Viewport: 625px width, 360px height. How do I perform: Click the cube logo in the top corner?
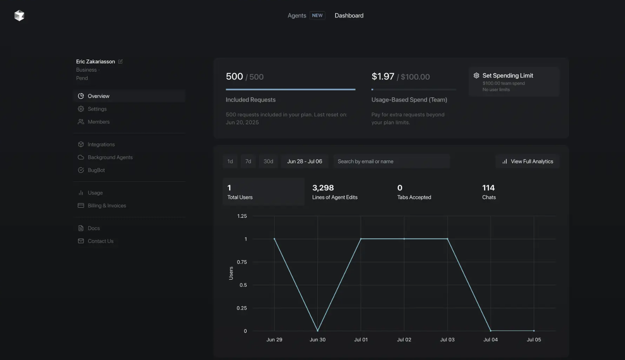click(19, 16)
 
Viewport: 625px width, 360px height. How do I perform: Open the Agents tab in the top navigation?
click(296, 16)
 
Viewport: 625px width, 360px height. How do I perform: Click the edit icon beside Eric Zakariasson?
click(120, 62)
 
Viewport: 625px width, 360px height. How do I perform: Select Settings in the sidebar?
click(97, 109)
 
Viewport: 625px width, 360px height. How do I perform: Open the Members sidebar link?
click(99, 122)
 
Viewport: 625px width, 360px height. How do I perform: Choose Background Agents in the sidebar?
click(110, 157)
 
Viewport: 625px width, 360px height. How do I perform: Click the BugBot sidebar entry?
click(96, 170)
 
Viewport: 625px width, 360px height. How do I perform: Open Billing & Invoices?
click(107, 205)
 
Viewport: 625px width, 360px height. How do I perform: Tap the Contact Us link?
click(100, 241)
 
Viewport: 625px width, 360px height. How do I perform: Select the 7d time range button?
click(248, 162)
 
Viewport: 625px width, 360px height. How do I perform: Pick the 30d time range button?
click(268, 162)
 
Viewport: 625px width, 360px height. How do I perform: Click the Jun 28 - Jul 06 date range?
click(304, 162)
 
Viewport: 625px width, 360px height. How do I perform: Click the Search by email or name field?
click(391, 162)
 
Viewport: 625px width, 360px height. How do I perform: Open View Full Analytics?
click(527, 162)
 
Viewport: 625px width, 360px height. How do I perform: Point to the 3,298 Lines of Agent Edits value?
click(323, 188)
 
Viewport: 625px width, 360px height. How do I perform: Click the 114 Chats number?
click(488, 188)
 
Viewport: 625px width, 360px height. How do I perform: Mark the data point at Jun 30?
click(317, 330)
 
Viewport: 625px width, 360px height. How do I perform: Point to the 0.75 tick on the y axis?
click(242, 262)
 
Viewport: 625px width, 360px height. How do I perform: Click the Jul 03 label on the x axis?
click(447, 340)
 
